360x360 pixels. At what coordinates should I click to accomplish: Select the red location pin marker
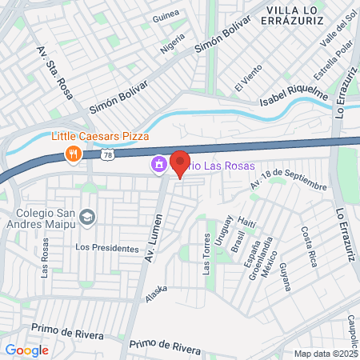(x=180, y=164)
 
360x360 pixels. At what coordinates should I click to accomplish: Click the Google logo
(x=26, y=350)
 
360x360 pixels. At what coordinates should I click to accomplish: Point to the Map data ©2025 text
(x=326, y=353)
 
